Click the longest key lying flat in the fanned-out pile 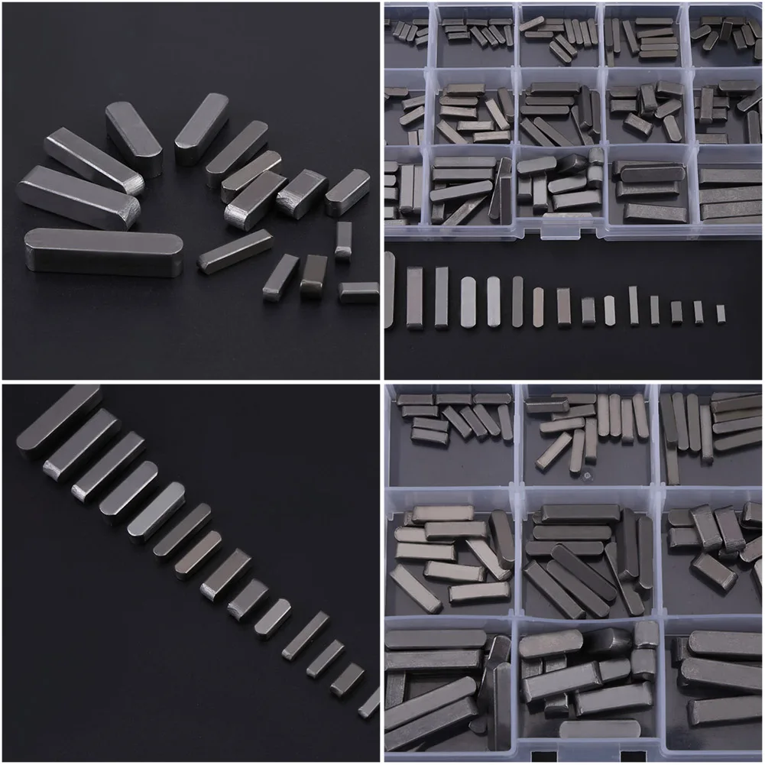coord(103,252)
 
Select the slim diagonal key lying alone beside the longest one coord(235,251)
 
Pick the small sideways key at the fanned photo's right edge coord(358,292)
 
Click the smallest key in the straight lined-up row coord(720,313)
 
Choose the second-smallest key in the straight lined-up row coord(699,312)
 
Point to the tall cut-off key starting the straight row coord(389,294)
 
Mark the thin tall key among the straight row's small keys coord(633,305)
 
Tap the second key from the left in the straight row coord(414,297)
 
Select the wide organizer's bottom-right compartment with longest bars coord(730,195)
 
